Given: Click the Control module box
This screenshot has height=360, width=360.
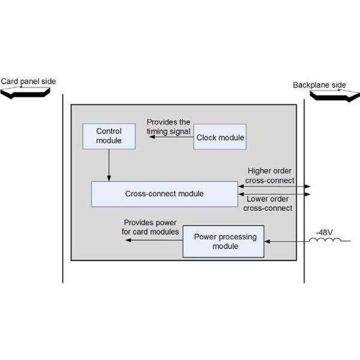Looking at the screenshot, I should (109, 136).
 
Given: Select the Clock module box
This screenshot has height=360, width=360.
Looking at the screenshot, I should (220, 137).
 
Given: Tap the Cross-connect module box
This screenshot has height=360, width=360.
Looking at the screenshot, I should (164, 194).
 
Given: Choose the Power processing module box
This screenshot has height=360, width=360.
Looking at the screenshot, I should (225, 241).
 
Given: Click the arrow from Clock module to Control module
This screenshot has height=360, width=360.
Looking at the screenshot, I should (172, 137).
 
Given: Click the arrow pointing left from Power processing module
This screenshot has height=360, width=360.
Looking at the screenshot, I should (154, 241).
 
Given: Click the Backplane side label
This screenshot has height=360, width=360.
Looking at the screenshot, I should (319, 85).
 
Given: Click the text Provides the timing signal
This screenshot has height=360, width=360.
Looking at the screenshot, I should (169, 127).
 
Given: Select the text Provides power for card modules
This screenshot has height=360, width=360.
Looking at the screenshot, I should (151, 227).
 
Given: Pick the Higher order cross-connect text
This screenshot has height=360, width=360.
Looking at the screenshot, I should (270, 175).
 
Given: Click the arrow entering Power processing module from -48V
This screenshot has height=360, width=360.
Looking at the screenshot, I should (287, 241).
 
